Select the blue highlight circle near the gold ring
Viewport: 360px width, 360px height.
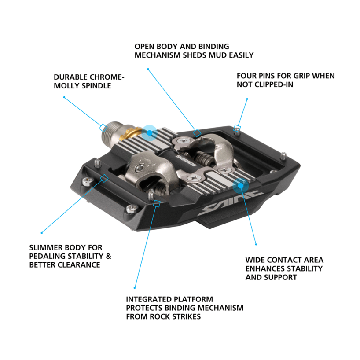pos(150,132)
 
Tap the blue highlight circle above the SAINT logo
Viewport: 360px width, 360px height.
pos(240,185)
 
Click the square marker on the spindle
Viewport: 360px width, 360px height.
pos(102,128)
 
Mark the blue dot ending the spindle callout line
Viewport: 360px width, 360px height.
pos(64,97)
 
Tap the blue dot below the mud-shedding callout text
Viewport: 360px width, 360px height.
pos(148,69)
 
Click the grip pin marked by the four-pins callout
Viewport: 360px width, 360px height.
pos(238,128)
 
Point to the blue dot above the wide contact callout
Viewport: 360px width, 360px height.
pos(256,244)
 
